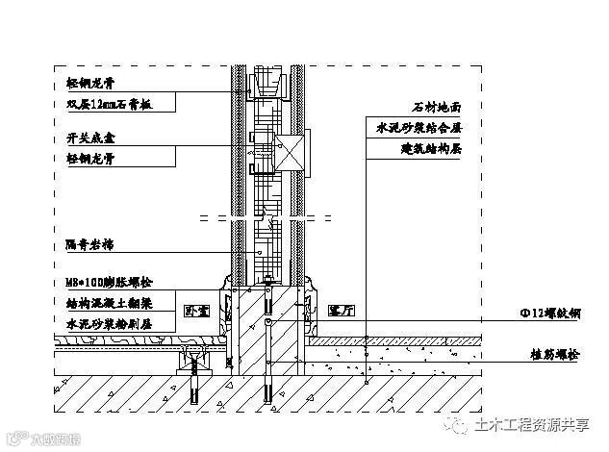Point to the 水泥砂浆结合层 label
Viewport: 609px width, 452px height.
click(420, 128)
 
